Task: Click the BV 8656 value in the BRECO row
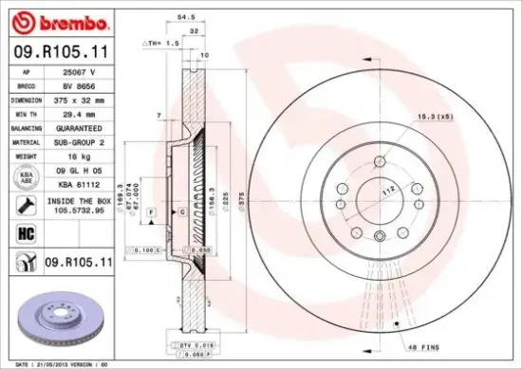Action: click(81, 84)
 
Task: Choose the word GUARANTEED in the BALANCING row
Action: click(81, 126)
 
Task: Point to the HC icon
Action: click(24, 231)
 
